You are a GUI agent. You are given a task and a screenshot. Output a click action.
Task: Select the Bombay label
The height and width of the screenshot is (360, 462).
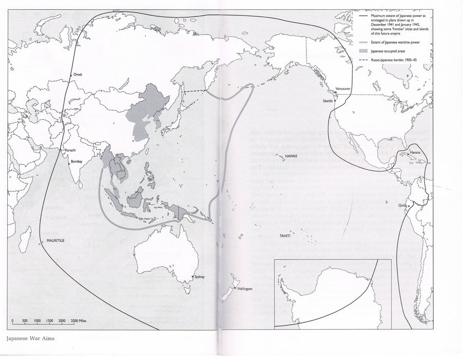76,162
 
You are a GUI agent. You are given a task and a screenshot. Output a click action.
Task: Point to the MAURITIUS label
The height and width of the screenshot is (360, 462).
53,240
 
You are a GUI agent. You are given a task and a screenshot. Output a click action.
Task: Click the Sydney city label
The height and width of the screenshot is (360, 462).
199,277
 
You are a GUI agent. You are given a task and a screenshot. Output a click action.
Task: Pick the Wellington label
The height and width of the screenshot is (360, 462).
245,289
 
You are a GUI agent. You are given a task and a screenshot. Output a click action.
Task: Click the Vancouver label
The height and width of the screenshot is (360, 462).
342,89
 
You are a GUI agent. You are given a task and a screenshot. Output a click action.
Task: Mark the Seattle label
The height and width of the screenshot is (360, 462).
327,101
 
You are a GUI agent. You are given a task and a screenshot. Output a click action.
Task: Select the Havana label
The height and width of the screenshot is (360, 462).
415,153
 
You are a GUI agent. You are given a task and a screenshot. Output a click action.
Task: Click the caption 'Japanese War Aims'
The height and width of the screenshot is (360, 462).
30,338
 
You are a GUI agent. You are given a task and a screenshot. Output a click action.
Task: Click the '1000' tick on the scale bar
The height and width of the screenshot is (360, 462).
37,321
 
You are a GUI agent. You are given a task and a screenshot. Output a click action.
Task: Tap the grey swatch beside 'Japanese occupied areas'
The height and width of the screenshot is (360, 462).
364,51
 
